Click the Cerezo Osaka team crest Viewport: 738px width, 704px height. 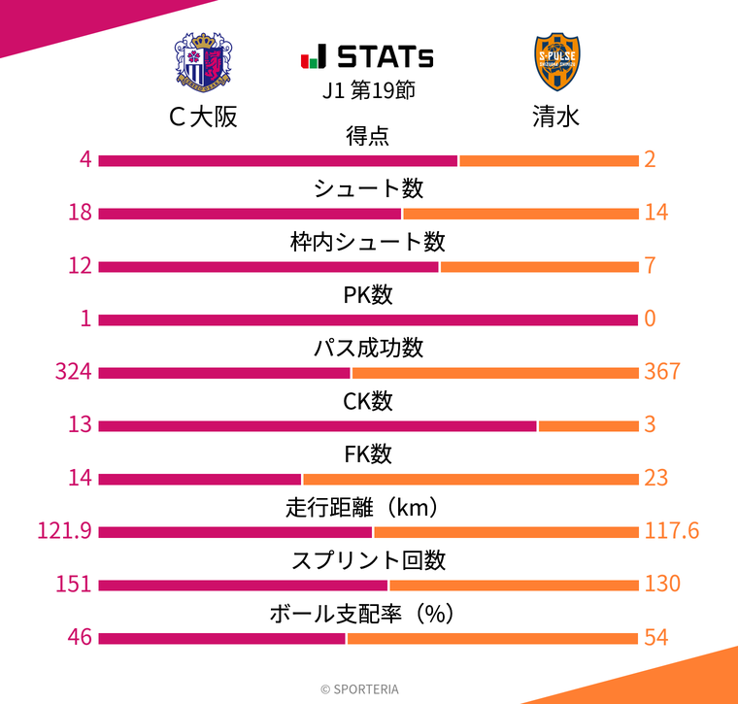203,62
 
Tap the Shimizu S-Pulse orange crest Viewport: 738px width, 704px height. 557,62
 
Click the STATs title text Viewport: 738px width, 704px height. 369,56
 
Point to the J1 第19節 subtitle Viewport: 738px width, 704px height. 369,90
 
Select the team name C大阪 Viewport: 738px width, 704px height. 203,117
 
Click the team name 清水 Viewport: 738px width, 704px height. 556,117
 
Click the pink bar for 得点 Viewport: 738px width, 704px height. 278,160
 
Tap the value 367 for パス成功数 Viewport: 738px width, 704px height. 662,372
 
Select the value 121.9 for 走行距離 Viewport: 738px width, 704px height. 64,531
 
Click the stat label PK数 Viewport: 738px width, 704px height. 369,295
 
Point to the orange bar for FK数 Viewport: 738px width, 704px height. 470,478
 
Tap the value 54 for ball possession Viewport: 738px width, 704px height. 655,637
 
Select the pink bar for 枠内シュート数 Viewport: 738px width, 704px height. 268,266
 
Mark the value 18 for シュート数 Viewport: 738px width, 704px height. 80,213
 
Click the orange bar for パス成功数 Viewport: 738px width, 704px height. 495,372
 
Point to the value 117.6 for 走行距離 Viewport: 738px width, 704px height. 672,531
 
